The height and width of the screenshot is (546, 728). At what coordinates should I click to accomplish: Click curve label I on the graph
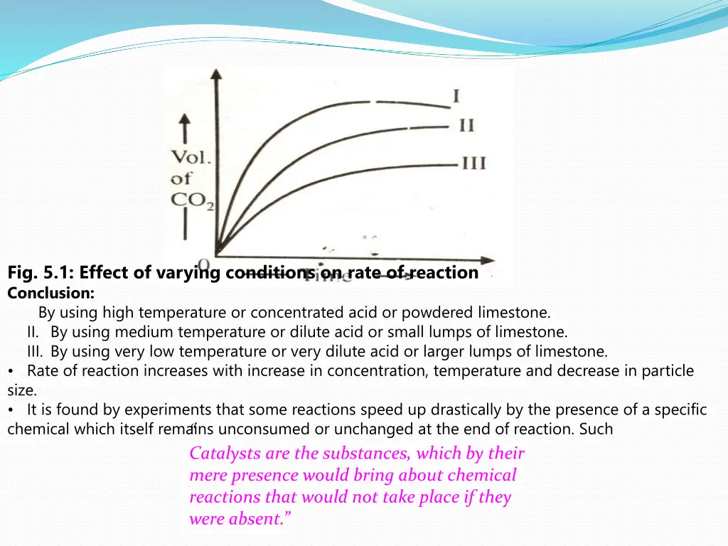[456, 95]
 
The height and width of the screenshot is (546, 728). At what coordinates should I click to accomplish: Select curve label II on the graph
[466, 126]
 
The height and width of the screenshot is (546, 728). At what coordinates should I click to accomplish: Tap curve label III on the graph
[473, 164]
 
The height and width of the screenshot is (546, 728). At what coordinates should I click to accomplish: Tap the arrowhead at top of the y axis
[217, 73]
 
